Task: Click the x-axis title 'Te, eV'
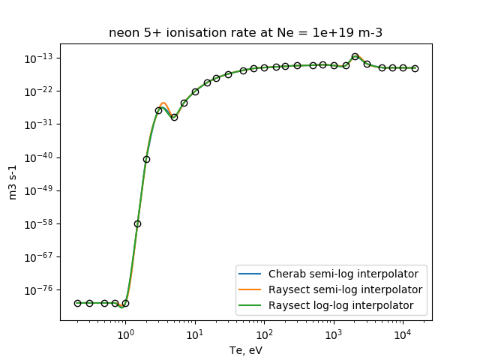pos(245,349)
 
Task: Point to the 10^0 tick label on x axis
pos(125,334)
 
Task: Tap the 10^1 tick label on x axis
pos(195,334)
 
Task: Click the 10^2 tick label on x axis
pos(264,334)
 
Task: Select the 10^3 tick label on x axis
pos(333,334)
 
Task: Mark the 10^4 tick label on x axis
pos(403,334)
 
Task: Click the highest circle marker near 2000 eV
pos(355,56)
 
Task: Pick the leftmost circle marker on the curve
pos(77,303)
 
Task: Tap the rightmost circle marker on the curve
pos(415,68)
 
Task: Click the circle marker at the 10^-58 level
pos(137,223)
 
